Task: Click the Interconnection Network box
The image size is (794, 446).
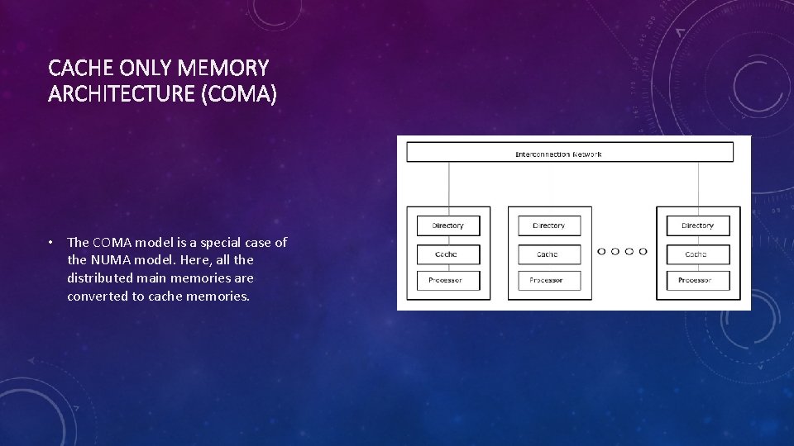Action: pyautogui.click(x=570, y=152)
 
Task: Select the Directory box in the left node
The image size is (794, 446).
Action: pyautogui.click(x=448, y=225)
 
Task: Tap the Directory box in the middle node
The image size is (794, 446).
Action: pyautogui.click(x=549, y=225)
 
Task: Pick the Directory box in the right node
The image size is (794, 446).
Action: pyautogui.click(x=698, y=225)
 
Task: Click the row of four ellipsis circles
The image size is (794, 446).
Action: pyautogui.click(x=622, y=252)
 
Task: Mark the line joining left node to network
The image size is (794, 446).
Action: pyautogui.click(x=449, y=183)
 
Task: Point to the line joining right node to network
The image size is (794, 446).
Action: pyautogui.click(x=698, y=183)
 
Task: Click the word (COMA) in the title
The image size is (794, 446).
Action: pyautogui.click(x=239, y=95)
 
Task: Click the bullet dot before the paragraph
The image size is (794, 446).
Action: pyautogui.click(x=50, y=243)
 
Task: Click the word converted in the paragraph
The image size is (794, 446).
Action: pyautogui.click(x=98, y=296)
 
